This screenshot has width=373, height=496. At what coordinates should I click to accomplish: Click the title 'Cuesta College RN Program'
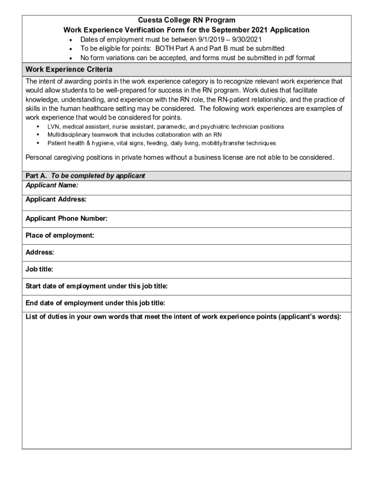186,20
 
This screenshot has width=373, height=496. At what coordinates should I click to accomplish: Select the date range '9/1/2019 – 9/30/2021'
227,39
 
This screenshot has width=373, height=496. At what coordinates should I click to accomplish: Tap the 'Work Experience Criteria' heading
69,69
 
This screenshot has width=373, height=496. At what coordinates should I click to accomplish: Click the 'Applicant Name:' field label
52,185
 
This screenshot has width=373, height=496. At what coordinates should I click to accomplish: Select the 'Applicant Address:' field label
56,199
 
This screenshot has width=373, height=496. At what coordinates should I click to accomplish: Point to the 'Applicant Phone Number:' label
66,218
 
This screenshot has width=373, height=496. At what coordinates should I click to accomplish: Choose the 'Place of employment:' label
60,235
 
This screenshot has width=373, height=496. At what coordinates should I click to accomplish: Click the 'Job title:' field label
39,269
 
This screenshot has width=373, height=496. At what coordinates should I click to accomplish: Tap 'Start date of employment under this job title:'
96,286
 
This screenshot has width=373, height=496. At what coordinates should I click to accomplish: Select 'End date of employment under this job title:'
95,303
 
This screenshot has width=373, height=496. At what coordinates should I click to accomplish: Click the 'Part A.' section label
36,176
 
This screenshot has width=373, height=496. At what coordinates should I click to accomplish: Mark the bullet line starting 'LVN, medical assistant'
166,126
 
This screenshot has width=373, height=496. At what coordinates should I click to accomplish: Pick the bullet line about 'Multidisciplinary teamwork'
134,135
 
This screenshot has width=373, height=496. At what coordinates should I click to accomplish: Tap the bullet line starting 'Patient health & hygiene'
161,143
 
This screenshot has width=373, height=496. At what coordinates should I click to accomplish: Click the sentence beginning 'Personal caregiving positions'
180,157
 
